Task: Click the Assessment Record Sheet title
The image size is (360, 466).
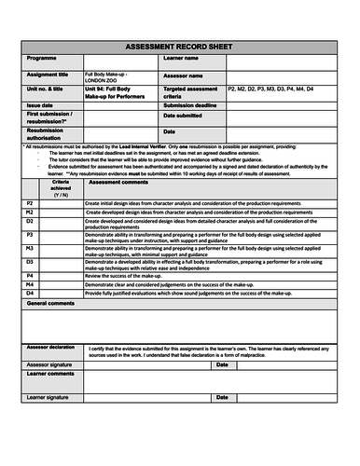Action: pyautogui.click(x=179, y=46)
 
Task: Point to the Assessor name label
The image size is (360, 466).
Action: pyautogui.click(x=187, y=75)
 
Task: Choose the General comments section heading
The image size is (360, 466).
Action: pyautogui.click(x=52, y=304)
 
